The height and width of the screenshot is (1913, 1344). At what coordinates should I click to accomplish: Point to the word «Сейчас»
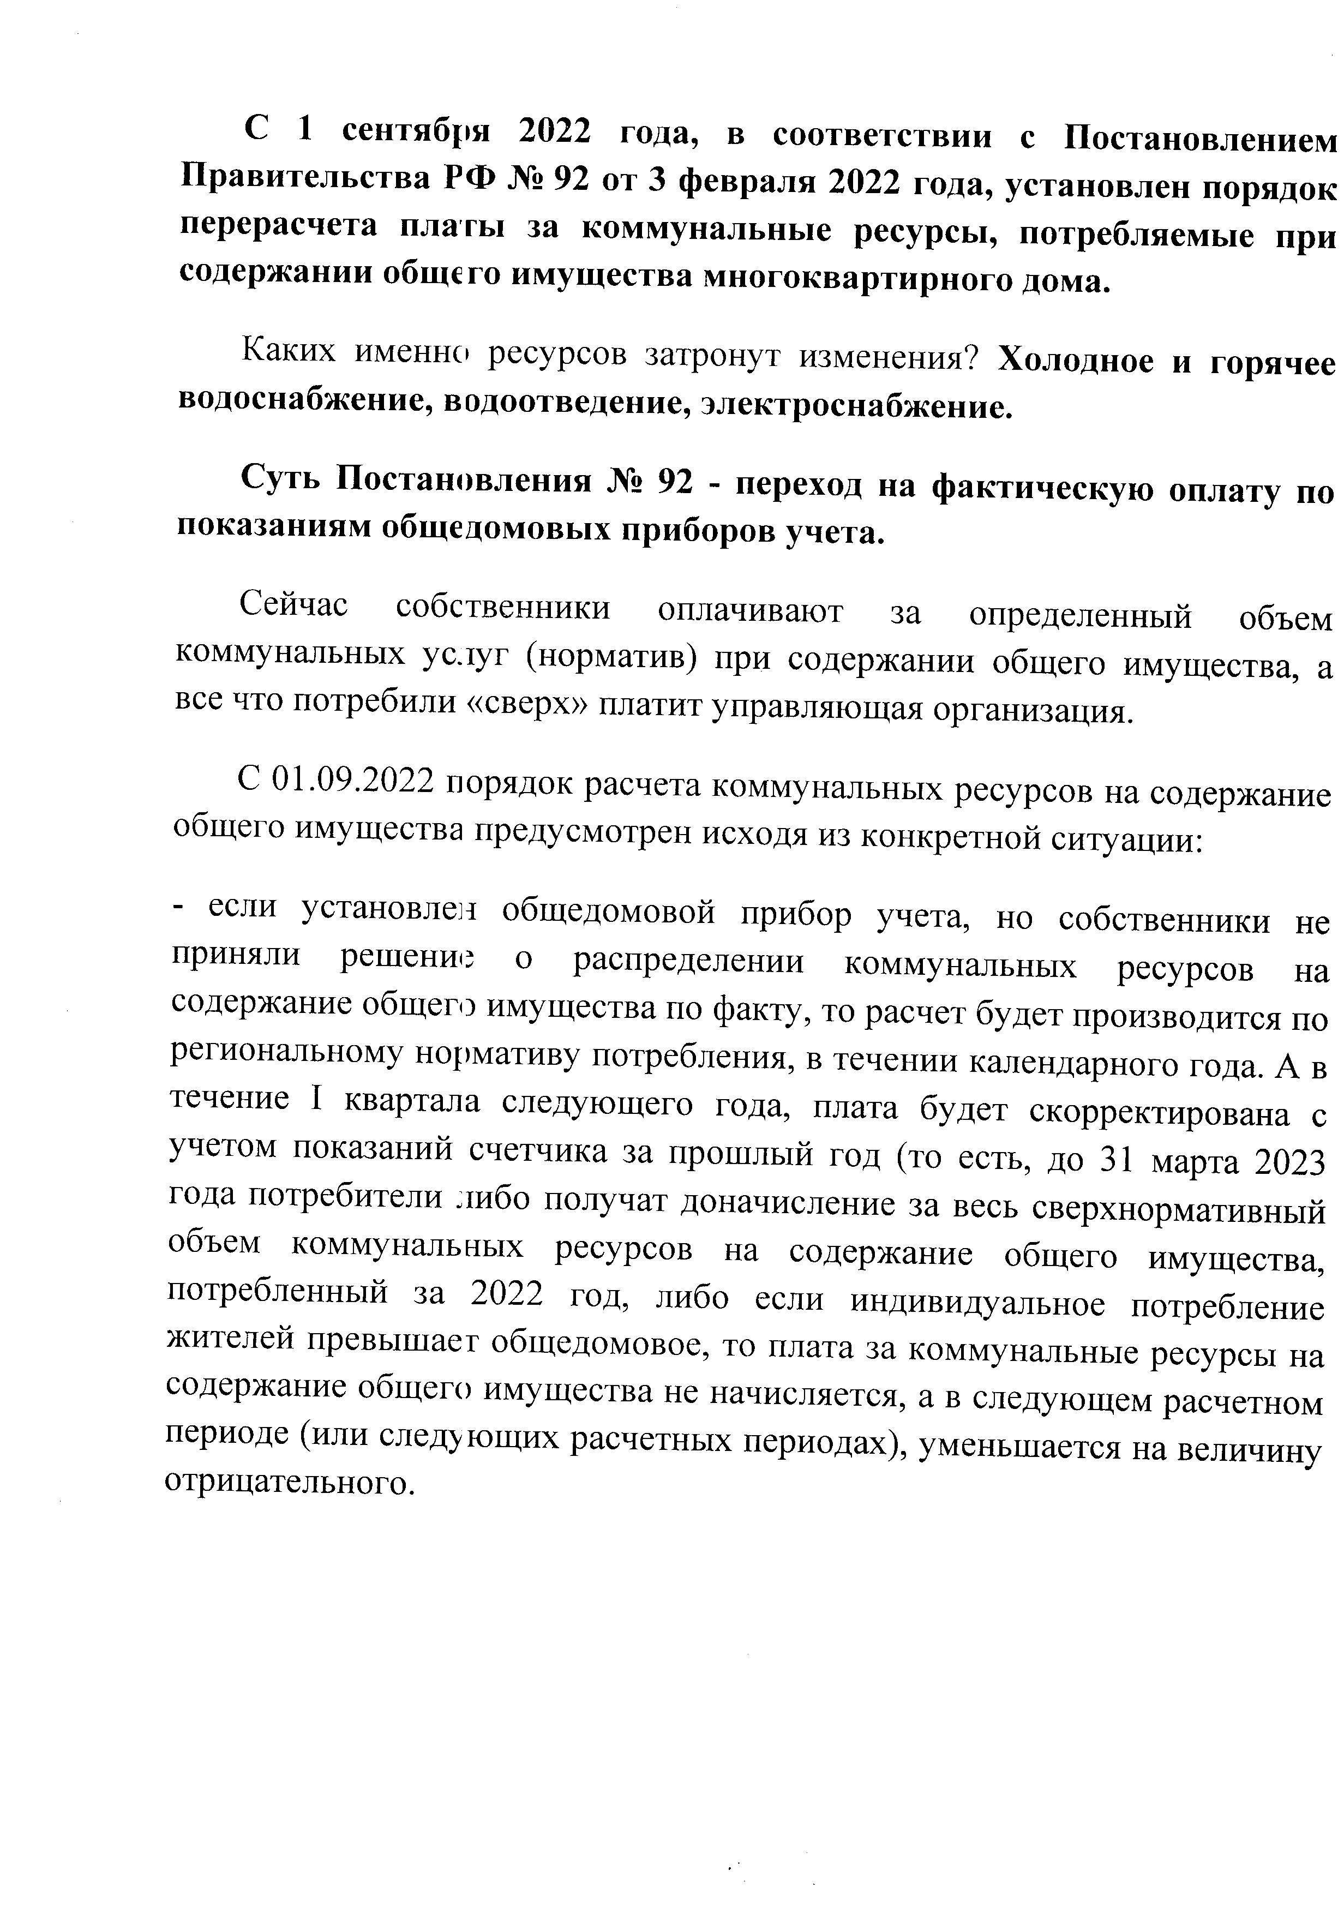294,605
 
